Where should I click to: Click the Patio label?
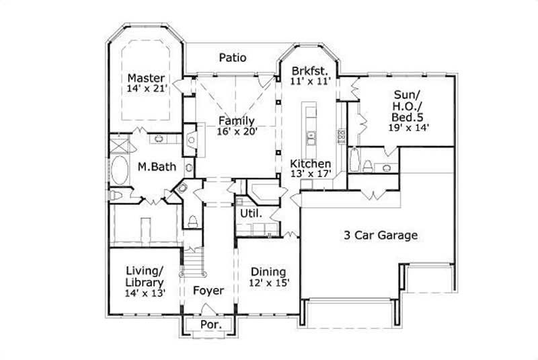coord(233,58)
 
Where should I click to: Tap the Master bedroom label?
coord(146,78)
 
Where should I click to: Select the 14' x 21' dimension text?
coord(147,88)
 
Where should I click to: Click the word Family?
coord(236,120)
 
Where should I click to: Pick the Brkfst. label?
coord(309,70)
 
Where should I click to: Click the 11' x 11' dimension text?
coord(309,81)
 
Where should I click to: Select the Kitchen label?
coord(310,164)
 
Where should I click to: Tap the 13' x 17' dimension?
coord(310,174)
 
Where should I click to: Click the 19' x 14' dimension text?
coord(408,126)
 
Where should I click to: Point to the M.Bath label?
coord(152,166)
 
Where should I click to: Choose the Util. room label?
coord(250,213)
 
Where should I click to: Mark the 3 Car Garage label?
coord(381,236)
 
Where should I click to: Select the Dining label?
coord(268,272)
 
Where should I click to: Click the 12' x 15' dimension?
coord(269,283)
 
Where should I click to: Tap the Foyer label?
coord(208,291)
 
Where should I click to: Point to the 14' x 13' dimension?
coord(144,293)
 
